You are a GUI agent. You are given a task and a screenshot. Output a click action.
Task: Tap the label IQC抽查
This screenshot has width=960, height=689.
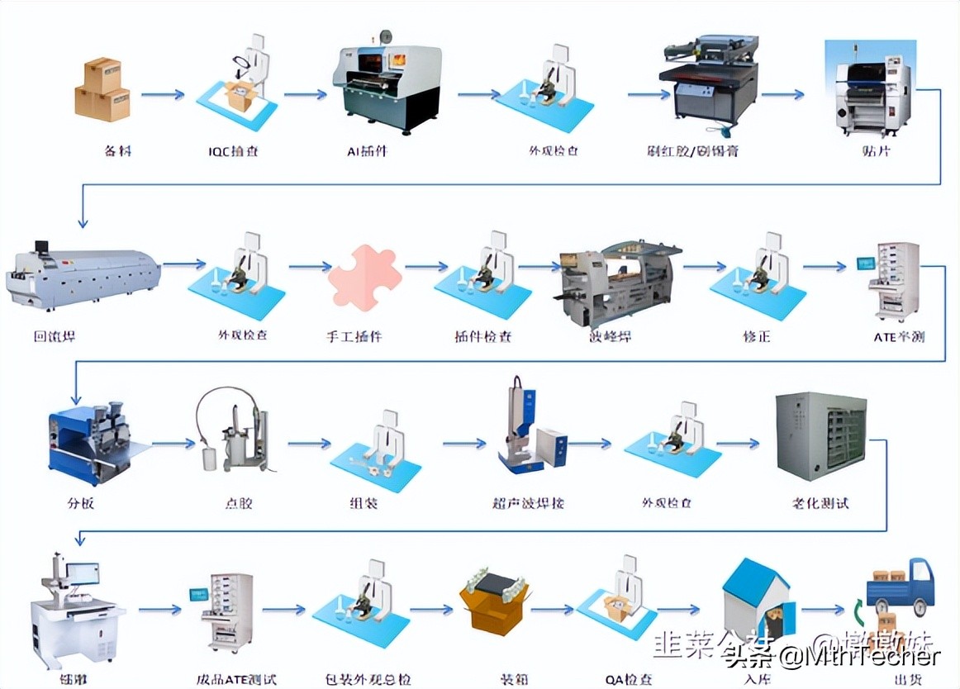(234, 151)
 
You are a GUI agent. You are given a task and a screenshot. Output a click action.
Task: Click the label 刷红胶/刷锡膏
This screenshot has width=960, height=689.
(706, 151)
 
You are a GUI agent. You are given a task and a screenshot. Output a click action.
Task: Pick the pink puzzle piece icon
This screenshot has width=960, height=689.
(364, 277)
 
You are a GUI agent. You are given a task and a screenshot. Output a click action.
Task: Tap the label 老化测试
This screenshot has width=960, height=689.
(820, 502)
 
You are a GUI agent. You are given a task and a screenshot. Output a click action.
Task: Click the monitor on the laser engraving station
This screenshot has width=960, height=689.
(83, 573)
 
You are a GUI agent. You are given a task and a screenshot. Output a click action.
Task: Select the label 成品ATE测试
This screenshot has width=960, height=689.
(237, 680)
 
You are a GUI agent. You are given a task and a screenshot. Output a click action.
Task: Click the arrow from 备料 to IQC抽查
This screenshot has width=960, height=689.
(163, 94)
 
